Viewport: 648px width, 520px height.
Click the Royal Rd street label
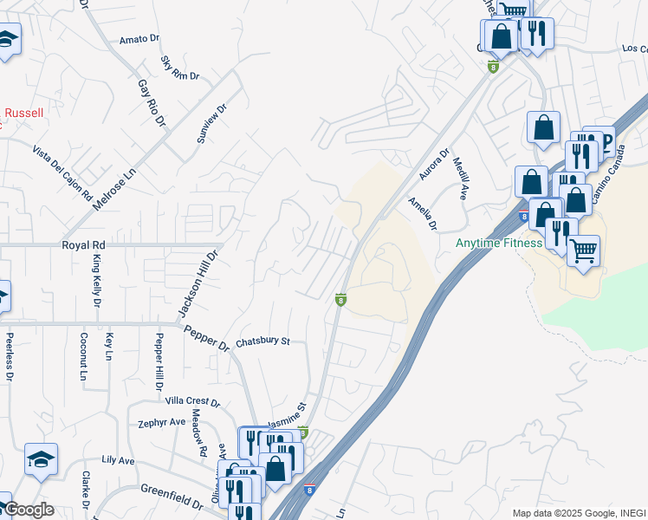[83, 245]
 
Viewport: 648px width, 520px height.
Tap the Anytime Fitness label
[499, 243]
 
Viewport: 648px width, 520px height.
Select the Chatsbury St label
[262, 341]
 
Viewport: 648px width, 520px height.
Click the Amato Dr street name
[140, 39]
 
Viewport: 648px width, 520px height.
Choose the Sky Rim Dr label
[180, 69]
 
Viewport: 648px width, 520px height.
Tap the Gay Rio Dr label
[151, 103]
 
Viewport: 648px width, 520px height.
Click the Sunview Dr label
[211, 124]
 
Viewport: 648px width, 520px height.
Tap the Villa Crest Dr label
[193, 402]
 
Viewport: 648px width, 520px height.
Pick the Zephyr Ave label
[162, 422]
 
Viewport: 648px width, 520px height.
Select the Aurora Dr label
[435, 166]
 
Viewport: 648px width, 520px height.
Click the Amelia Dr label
[424, 213]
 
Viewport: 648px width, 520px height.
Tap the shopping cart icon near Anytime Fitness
[584, 251]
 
